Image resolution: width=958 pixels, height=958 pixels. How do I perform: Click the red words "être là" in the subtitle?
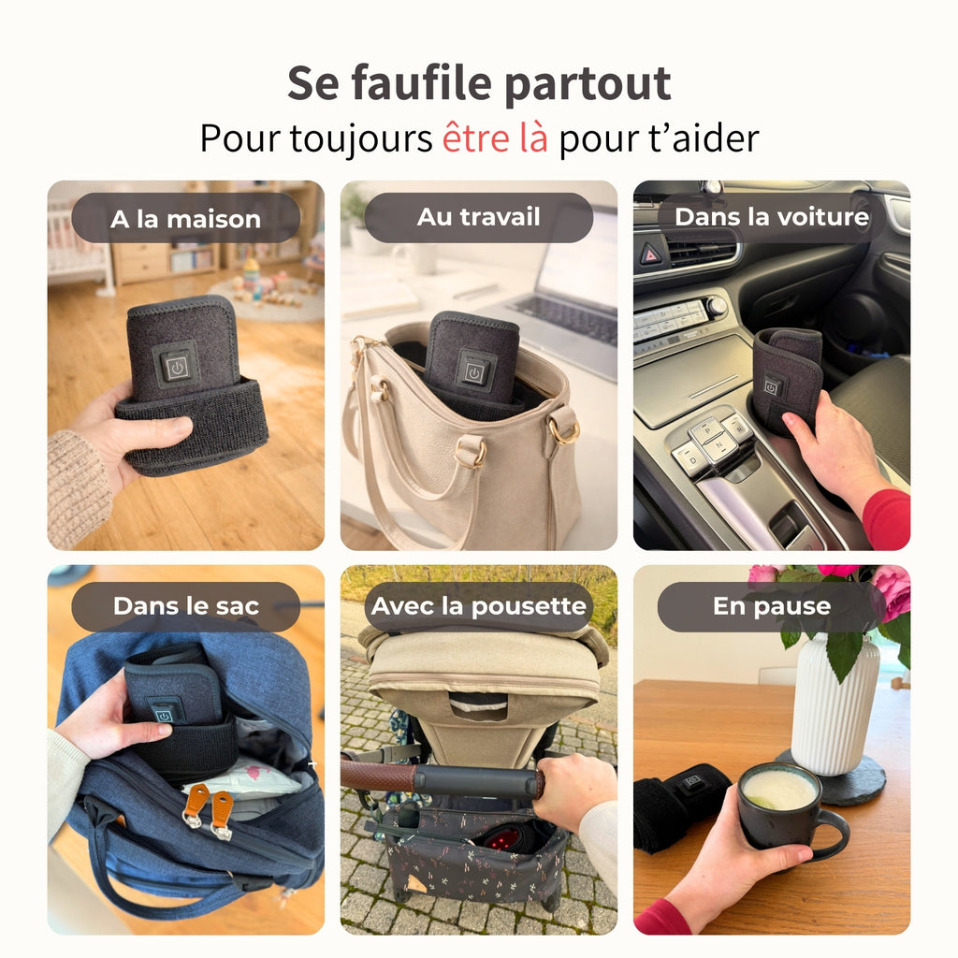(495, 138)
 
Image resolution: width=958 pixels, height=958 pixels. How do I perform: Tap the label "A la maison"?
(185, 219)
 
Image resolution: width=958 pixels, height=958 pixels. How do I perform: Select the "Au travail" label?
(478, 218)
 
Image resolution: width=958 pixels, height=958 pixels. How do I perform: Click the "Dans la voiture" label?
(772, 218)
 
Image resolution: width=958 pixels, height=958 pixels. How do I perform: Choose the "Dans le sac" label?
(185, 606)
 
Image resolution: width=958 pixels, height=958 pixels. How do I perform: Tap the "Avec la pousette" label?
(478, 606)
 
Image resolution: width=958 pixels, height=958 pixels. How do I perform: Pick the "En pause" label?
(771, 606)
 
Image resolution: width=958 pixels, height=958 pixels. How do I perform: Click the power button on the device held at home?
(177, 367)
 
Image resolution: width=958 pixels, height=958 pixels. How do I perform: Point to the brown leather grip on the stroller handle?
(376, 775)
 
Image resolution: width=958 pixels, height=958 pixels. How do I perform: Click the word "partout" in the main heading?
(588, 84)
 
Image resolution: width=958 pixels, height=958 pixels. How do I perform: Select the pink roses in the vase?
(889, 589)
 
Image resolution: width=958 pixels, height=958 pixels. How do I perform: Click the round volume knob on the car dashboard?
(717, 307)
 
